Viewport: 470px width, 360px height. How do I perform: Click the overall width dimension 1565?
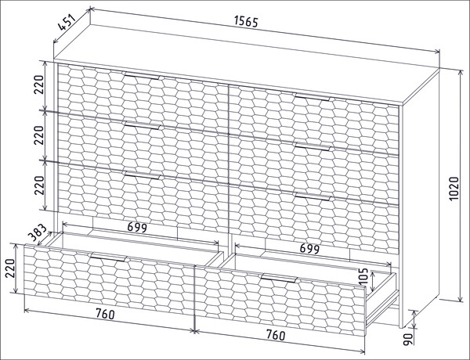click(x=246, y=21)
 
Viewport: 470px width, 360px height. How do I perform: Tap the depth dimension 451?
click(x=67, y=22)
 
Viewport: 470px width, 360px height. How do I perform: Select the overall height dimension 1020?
click(x=454, y=189)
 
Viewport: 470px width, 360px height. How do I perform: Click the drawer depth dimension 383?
click(x=38, y=233)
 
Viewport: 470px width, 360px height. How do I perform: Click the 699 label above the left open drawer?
click(x=137, y=228)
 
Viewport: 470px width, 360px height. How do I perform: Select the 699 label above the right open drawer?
click(x=309, y=248)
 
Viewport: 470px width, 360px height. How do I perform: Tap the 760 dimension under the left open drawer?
click(x=105, y=314)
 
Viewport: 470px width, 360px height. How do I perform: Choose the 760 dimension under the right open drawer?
click(x=276, y=335)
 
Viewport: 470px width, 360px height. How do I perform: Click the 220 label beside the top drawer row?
click(x=38, y=85)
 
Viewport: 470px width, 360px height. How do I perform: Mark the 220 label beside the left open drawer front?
click(x=10, y=268)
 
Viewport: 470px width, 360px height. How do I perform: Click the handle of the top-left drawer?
click(x=143, y=76)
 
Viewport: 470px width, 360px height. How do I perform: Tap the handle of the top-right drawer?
click(x=313, y=97)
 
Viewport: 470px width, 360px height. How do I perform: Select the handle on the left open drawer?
click(x=108, y=257)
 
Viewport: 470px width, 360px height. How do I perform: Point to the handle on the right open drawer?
click(x=279, y=279)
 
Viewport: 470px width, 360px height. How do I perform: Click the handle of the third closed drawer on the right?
click(x=313, y=196)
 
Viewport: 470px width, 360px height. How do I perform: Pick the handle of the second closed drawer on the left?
click(x=143, y=126)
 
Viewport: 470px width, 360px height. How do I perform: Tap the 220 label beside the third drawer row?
click(x=38, y=185)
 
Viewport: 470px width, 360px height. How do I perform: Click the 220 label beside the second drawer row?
click(x=38, y=135)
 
